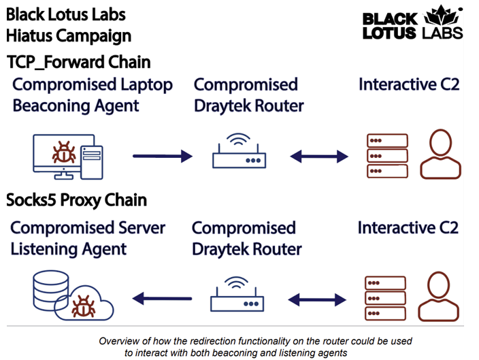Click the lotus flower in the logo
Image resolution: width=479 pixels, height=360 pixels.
[442, 16]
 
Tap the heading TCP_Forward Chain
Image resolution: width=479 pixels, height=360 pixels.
[78, 63]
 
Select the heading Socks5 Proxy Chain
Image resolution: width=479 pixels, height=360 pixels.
[76, 201]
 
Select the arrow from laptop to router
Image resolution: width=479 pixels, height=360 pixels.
[163, 157]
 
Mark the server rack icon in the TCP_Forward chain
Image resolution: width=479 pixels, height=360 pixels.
[386, 156]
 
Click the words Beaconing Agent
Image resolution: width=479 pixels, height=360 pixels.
[76, 105]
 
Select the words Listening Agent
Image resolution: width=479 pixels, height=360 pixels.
[69, 248]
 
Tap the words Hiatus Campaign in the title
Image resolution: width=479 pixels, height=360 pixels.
[68, 35]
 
